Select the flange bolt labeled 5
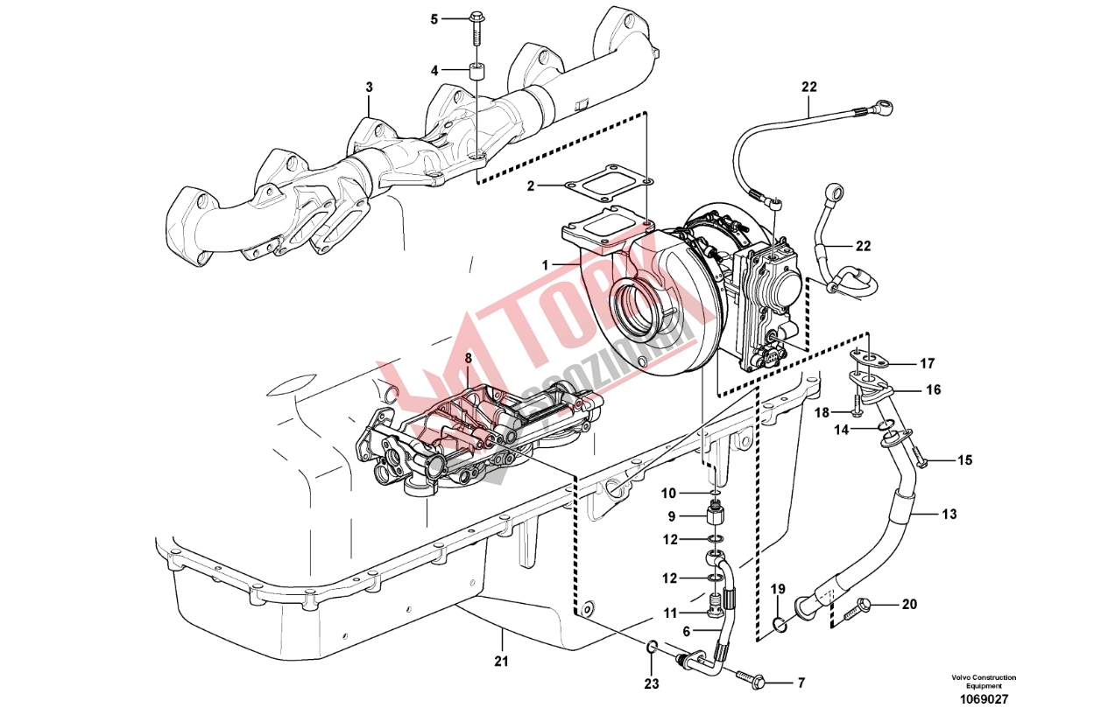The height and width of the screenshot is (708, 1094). click(477, 26)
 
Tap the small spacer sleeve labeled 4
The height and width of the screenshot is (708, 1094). click(478, 71)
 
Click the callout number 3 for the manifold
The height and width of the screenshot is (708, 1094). click(369, 88)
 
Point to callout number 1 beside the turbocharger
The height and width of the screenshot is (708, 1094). click(544, 263)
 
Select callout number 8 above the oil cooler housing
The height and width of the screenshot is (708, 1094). click(468, 358)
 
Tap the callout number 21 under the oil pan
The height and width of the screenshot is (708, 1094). click(500, 661)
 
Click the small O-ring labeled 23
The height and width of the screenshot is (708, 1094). click(652, 647)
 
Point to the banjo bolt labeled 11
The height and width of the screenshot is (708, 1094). click(716, 603)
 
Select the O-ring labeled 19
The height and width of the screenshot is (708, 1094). click(779, 624)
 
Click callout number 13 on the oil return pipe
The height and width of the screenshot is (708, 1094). click(949, 514)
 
